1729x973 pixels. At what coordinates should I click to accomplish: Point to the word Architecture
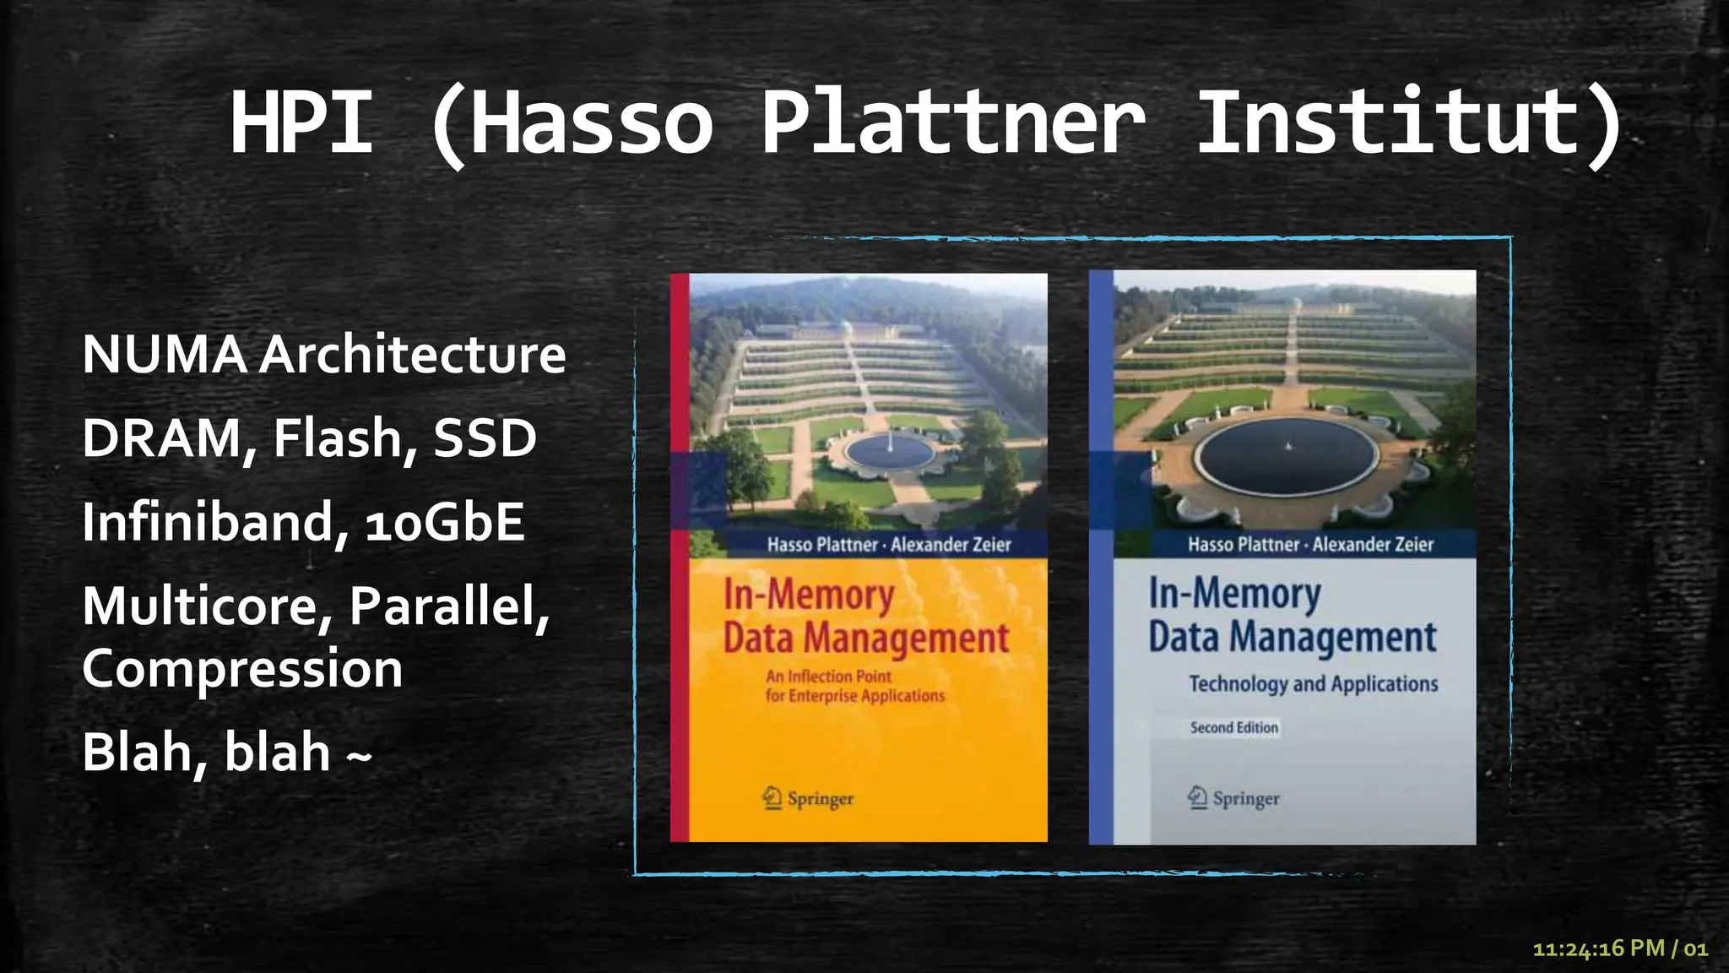[412, 354]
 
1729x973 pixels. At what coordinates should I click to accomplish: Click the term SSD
[485, 438]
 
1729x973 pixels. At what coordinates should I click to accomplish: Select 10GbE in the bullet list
[445, 521]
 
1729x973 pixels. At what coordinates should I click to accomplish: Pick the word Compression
[242, 668]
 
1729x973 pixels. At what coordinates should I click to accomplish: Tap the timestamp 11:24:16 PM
[1598, 949]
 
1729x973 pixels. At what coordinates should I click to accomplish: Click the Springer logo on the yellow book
[808, 798]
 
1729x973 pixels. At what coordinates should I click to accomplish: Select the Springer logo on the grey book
[1233, 798]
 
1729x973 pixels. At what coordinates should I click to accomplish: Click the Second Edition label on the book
[1233, 727]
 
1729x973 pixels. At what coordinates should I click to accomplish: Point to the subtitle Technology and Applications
[1313, 683]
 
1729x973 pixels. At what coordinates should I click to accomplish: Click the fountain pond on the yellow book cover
[890, 453]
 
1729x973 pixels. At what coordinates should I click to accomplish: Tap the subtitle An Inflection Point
[828, 676]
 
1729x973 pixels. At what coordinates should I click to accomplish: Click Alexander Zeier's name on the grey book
[1373, 545]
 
